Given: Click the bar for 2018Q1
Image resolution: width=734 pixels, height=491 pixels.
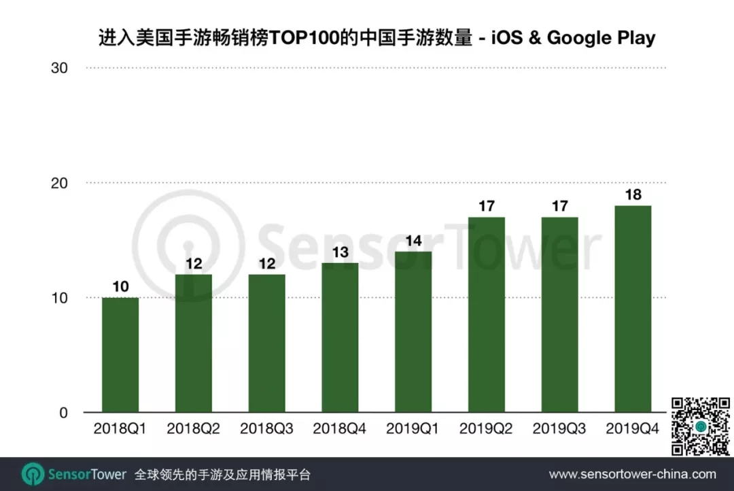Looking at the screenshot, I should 120,355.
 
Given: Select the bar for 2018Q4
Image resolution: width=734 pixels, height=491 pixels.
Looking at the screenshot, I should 340,338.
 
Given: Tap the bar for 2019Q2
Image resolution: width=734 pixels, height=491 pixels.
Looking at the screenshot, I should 487,315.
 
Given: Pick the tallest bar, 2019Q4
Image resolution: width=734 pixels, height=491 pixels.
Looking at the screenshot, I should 633,309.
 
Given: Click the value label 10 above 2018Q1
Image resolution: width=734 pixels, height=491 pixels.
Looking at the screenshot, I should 120,287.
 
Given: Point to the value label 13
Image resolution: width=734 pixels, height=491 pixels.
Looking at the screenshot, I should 340,252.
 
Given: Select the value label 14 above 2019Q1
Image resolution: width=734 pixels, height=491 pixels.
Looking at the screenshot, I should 413,241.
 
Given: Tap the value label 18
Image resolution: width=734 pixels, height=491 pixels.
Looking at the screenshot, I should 633,194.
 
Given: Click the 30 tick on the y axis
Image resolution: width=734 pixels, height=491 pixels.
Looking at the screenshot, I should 59,69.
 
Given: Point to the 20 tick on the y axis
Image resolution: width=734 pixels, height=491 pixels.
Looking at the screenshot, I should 59,183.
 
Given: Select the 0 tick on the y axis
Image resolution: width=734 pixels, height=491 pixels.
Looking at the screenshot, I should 63,413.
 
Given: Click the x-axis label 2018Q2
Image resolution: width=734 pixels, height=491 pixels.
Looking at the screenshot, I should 194,430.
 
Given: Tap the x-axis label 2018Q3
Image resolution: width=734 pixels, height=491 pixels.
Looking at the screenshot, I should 267,430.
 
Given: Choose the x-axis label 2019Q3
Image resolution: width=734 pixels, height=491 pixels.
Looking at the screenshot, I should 560,430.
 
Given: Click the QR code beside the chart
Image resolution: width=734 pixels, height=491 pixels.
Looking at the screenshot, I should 699,426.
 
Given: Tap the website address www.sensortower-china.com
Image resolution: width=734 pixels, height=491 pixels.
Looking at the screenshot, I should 632,475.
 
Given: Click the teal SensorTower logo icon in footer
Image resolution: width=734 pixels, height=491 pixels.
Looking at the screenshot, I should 33,474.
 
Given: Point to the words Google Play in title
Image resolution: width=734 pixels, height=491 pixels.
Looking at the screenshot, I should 601,38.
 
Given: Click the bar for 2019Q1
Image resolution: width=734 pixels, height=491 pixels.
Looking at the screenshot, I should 413,332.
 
